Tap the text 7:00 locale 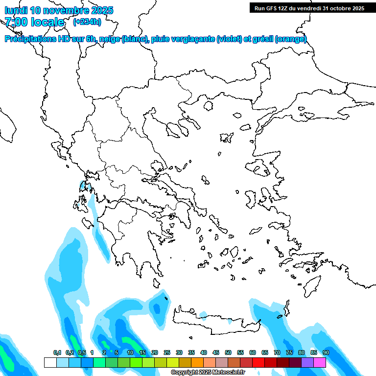(x=34, y=22)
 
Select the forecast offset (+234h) (x=87, y=22)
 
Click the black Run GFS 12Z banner (x=309, y=8)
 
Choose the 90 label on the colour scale (x=326, y=352)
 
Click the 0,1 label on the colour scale (x=57, y=352)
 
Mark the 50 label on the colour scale (x=228, y=352)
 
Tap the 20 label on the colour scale (x=155, y=352)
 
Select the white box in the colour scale (x=50, y=362)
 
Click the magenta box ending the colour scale (x=320, y=362)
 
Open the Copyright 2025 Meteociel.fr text (x=208, y=373)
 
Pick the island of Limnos (x=226, y=137)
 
